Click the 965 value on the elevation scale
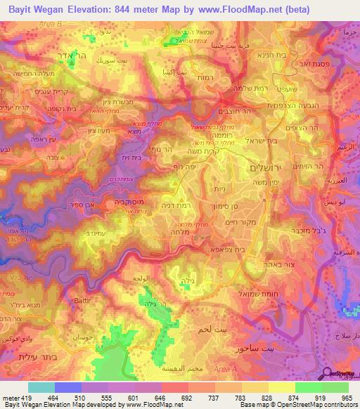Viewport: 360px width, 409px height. (345, 397)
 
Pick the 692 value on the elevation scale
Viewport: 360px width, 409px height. (185, 397)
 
